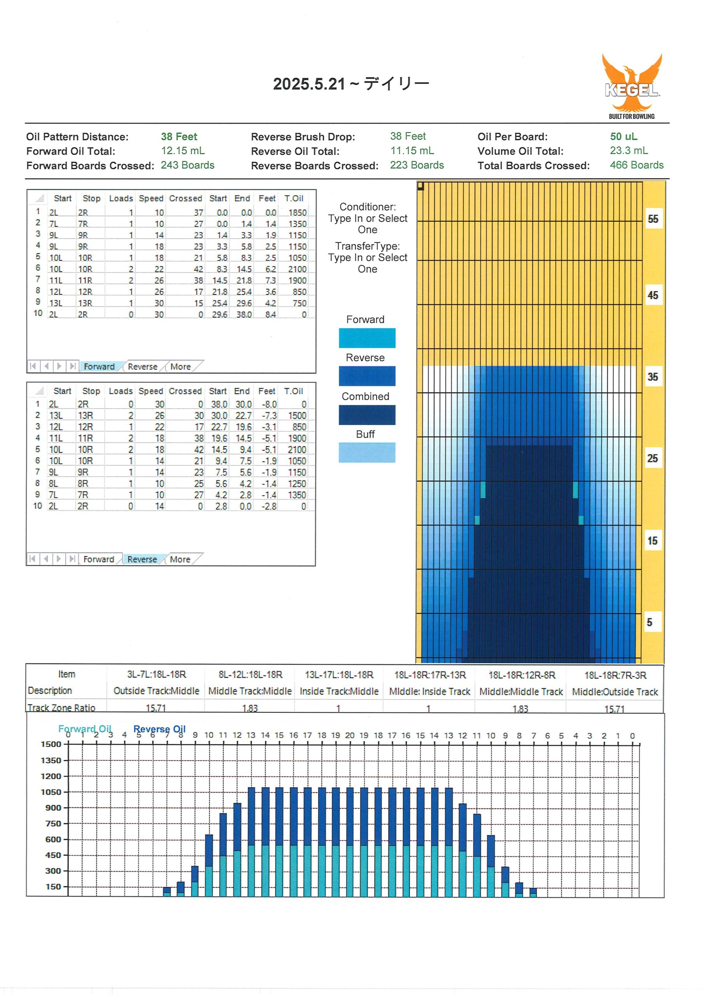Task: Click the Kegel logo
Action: tap(632, 86)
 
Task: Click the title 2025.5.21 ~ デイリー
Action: tap(351, 84)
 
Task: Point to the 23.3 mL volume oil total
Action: tap(629, 151)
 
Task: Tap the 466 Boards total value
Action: tap(636, 165)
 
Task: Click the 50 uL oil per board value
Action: tap(623, 137)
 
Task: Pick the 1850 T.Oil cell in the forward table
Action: tap(297, 212)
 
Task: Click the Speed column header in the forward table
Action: tap(151, 198)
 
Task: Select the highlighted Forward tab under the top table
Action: tap(99, 366)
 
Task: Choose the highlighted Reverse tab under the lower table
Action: tap(142, 559)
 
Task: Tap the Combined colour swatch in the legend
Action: tap(367, 415)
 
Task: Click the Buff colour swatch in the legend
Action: tap(367, 452)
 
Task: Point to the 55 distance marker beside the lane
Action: tap(653, 219)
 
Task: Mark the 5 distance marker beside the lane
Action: tap(649, 622)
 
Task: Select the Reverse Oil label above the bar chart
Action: tap(159, 729)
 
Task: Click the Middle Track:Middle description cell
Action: tap(250, 691)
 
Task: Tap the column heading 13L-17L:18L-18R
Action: tap(339, 675)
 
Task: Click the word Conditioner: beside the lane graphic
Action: tap(368, 207)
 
